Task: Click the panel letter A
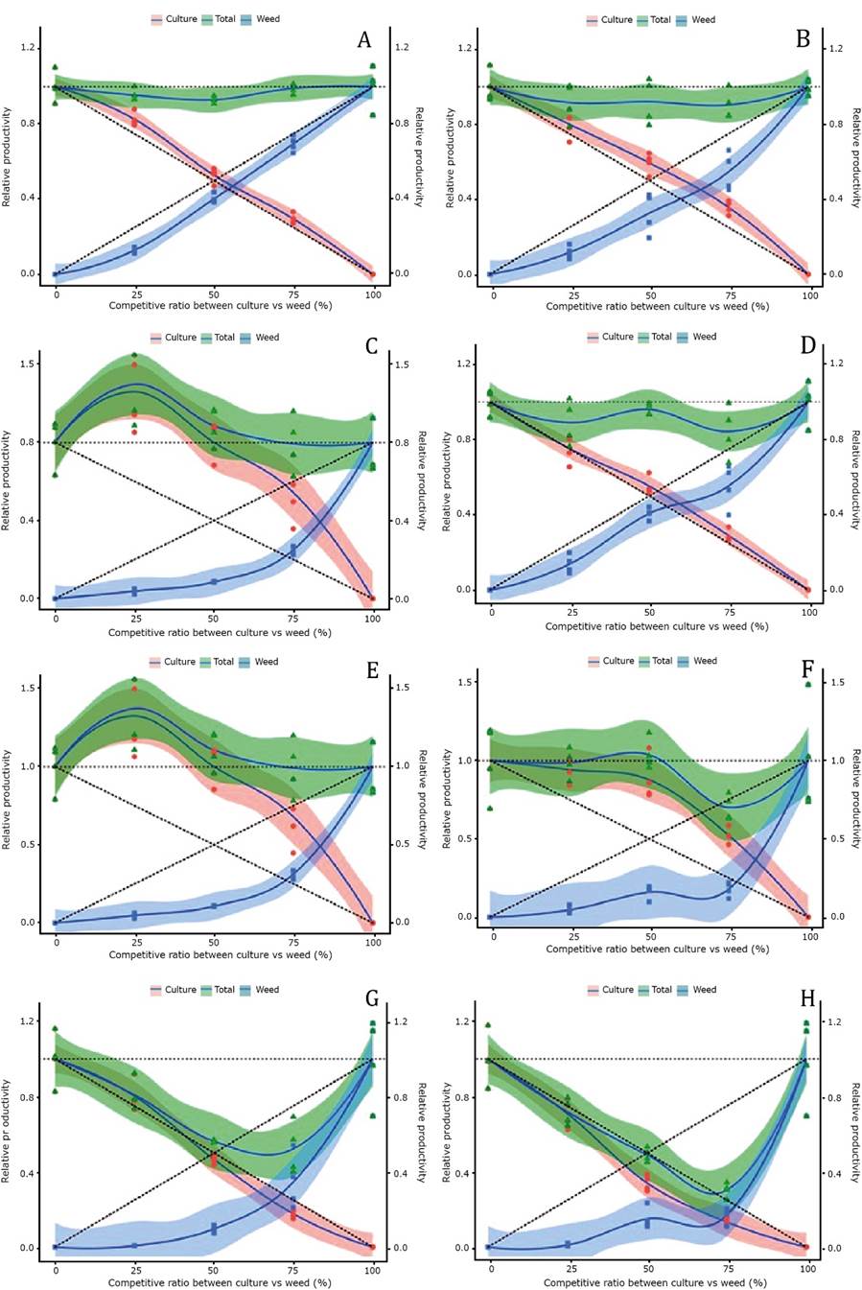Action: (364, 39)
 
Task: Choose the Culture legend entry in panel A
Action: (179, 19)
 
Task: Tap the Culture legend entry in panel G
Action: (179, 990)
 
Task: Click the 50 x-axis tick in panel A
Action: (214, 294)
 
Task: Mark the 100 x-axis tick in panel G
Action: (372, 1269)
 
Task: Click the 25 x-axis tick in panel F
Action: (571, 936)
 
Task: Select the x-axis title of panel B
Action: (658, 307)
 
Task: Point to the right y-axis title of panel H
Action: (853, 1133)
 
